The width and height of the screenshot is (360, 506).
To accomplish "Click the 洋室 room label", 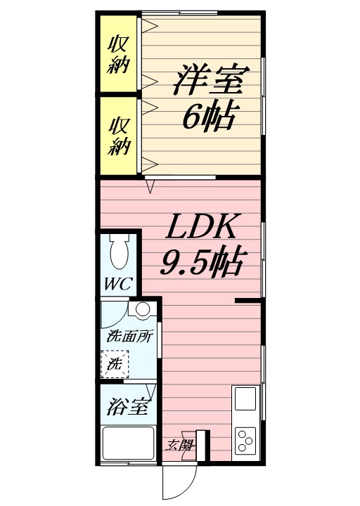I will [x=209, y=79].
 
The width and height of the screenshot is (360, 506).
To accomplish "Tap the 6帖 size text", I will [x=209, y=116].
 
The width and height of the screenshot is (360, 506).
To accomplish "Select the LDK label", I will [x=202, y=229].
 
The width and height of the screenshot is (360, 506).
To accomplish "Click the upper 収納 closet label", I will [x=117, y=54].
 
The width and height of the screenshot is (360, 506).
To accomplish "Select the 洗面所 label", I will [x=129, y=337].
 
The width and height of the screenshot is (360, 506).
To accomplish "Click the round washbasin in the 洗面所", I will [x=142, y=310].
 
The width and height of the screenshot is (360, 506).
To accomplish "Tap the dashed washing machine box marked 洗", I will [x=114, y=365].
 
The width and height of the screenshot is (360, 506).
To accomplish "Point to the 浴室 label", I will [x=127, y=408].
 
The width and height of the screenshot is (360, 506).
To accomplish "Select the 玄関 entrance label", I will [x=180, y=445].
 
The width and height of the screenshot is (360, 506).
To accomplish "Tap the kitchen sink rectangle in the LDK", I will [x=247, y=398].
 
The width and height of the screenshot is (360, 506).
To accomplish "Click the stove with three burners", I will [x=247, y=441].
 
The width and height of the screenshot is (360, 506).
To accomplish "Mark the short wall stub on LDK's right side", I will [x=248, y=301].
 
